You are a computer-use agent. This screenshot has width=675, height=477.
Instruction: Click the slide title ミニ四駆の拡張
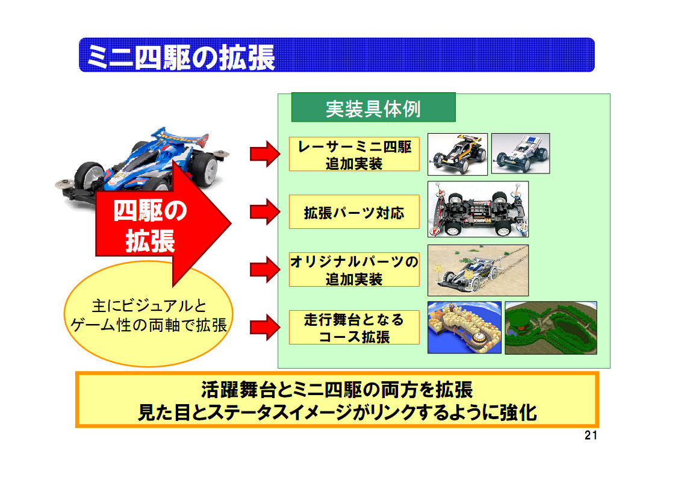pyautogui.click(x=181, y=57)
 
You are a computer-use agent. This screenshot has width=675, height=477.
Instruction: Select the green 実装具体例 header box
pyautogui.click(x=373, y=107)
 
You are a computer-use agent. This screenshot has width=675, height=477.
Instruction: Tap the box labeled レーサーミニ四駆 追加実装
pyautogui.click(x=354, y=154)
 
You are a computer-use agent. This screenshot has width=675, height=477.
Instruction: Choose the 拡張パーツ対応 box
pyautogui.click(x=354, y=212)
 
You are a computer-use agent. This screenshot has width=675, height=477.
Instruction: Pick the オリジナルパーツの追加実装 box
pyautogui.click(x=354, y=269)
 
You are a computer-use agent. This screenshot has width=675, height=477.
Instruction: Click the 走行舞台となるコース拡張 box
pyautogui.click(x=354, y=327)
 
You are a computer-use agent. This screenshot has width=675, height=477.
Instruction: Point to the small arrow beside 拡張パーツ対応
pyautogui.click(x=265, y=212)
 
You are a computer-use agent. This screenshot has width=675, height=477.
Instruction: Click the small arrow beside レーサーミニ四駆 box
pyautogui.click(x=265, y=154)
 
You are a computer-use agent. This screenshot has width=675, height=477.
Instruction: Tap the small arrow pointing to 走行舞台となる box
pyautogui.click(x=265, y=328)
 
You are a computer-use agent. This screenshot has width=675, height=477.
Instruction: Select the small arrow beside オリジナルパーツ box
pyautogui.click(x=265, y=270)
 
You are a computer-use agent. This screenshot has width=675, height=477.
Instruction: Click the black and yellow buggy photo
pyautogui.click(x=458, y=154)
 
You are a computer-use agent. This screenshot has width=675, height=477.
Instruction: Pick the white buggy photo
pyautogui.click(x=520, y=153)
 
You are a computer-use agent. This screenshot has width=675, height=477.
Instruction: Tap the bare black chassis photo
pyautogui.click(x=478, y=209)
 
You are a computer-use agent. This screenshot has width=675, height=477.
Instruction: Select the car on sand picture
pyautogui.click(x=478, y=270)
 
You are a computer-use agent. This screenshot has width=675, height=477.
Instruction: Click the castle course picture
pyautogui.click(x=464, y=328)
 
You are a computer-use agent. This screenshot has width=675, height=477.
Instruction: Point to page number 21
pyautogui.click(x=591, y=435)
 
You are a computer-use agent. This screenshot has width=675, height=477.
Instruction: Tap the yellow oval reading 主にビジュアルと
pyautogui.click(x=149, y=314)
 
